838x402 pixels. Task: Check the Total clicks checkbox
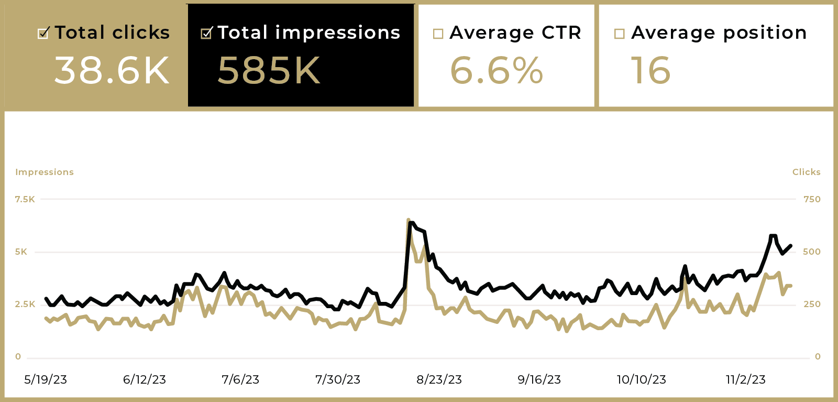pyautogui.click(x=43, y=34)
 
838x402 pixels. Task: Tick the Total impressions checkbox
pyautogui.click(x=206, y=34)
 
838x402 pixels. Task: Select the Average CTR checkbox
pyautogui.click(x=438, y=34)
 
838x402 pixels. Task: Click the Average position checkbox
pyautogui.click(x=619, y=34)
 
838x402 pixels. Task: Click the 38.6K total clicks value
pyautogui.click(x=112, y=71)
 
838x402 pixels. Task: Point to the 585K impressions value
pyautogui.click(x=269, y=71)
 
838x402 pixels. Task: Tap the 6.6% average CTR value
pyautogui.click(x=497, y=71)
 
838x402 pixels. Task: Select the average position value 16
pyautogui.click(x=650, y=71)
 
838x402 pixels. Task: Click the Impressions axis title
pyautogui.click(x=45, y=172)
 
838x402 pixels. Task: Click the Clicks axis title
pyautogui.click(x=806, y=172)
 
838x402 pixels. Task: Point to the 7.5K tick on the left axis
pyautogui.click(x=25, y=199)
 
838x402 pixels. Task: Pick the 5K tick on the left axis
pyautogui.click(x=21, y=252)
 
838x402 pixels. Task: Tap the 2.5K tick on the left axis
pyautogui.click(x=25, y=304)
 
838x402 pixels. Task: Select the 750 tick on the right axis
pyautogui.click(x=812, y=199)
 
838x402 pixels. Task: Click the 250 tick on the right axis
pyautogui.click(x=812, y=304)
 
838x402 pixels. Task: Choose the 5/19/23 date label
pyautogui.click(x=46, y=379)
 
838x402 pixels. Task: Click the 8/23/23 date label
pyautogui.click(x=439, y=379)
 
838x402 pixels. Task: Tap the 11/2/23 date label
pyautogui.click(x=745, y=379)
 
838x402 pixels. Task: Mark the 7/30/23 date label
pyautogui.click(x=338, y=379)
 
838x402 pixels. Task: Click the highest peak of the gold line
pyautogui.click(x=409, y=220)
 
